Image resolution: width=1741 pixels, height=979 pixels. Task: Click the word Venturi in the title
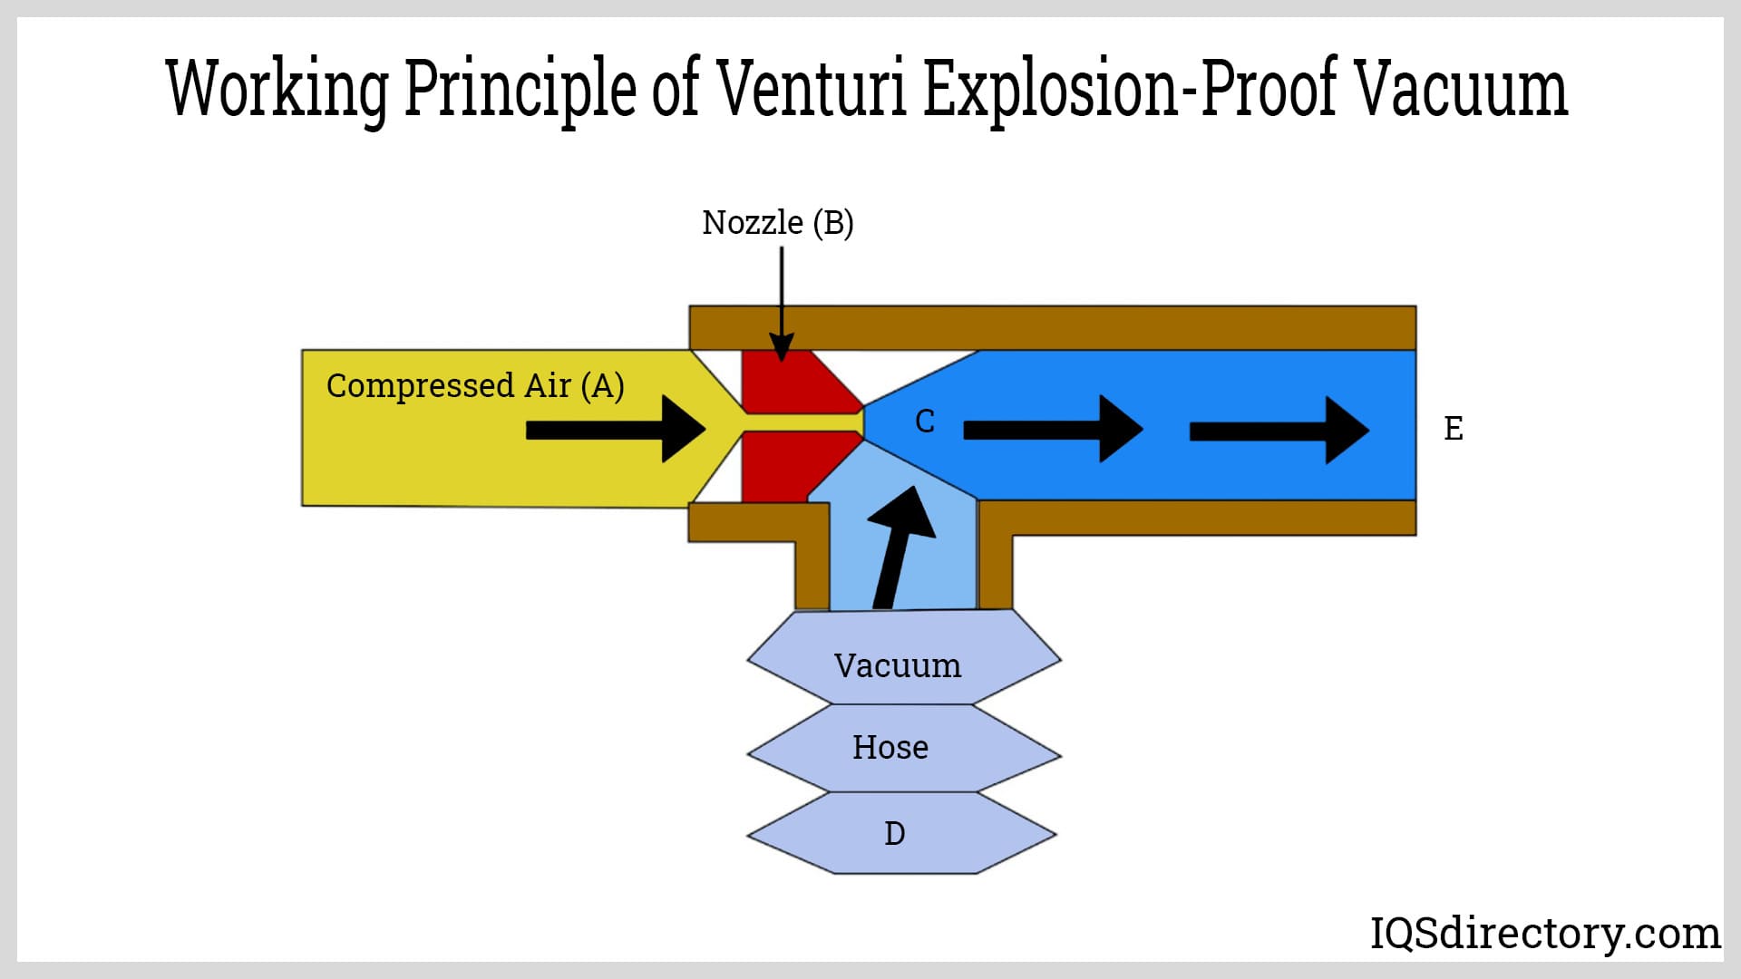(812, 89)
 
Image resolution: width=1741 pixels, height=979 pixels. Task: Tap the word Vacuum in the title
(1461, 89)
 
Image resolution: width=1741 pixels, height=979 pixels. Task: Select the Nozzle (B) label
(777, 222)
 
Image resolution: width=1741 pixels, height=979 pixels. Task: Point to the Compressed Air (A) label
(475, 385)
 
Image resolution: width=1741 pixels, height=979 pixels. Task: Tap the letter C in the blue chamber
(924, 422)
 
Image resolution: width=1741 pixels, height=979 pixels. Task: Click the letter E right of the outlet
(1453, 429)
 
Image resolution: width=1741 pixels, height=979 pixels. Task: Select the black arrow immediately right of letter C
(1052, 429)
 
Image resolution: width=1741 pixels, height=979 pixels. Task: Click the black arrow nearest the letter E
(1279, 431)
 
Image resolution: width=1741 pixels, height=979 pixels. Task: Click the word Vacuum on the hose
(898, 666)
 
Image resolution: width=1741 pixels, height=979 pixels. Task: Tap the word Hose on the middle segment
(890, 748)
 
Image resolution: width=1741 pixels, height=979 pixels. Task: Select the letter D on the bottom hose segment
(894, 834)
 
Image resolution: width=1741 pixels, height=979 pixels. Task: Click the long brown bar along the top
(1052, 327)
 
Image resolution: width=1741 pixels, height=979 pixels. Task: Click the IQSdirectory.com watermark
(1544, 933)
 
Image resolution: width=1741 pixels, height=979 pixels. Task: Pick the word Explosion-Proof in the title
(1130, 89)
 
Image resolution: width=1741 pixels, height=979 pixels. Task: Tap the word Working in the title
(277, 89)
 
